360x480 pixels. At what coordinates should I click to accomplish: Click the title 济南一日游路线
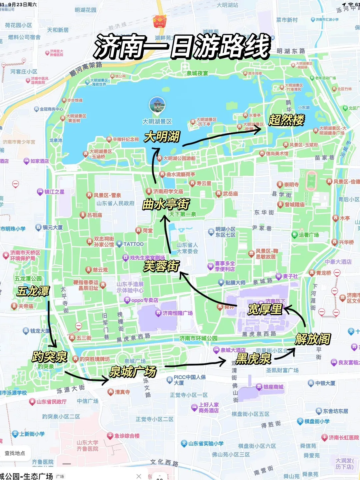[x=182, y=46]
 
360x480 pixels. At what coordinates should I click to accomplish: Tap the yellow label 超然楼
[x=286, y=120]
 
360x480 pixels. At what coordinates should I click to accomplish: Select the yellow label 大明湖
[x=162, y=137]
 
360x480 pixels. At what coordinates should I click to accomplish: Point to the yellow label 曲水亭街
[x=166, y=204]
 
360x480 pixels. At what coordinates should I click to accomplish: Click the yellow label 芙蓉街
[x=162, y=266]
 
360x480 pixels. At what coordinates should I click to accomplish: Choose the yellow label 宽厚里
[x=265, y=309]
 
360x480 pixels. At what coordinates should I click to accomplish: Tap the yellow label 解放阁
[x=313, y=339]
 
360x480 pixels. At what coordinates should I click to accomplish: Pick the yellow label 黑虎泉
[x=254, y=359]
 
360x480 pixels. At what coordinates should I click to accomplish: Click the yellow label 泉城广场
[x=133, y=371]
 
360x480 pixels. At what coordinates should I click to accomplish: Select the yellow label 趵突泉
[x=49, y=357]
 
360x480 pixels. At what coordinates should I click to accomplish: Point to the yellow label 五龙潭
[x=33, y=291]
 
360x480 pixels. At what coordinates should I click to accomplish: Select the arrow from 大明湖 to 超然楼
[x=222, y=137]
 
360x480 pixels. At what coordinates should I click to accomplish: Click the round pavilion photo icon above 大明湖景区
[x=157, y=105]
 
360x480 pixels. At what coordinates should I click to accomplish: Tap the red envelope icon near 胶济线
[x=159, y=21]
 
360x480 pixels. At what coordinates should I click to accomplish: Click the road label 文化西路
[x=164, y=463]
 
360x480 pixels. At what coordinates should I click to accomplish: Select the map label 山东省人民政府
[x=115, y=203]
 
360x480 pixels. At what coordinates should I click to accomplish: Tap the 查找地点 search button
[x=15, y=453]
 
